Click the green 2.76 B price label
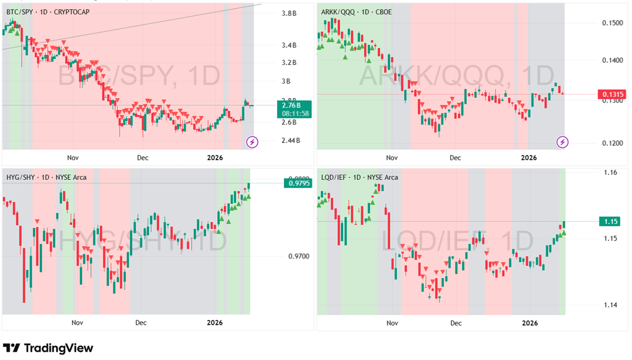point(296,105)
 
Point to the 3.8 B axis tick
point(290,13)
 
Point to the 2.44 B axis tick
point(290,141)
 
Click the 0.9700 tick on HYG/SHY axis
point(299,256)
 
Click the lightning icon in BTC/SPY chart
point(251,142)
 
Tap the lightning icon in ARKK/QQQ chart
point(562,142)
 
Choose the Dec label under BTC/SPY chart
point(142,157)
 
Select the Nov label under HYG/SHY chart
point(78,322)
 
